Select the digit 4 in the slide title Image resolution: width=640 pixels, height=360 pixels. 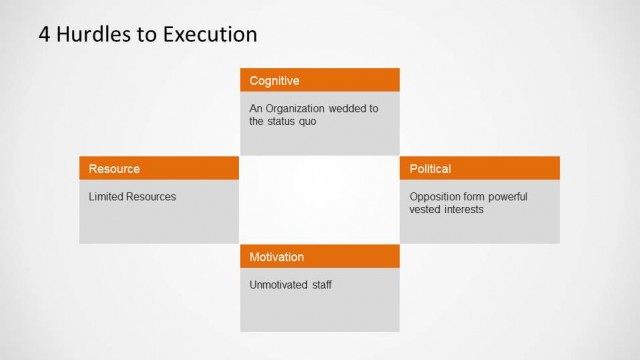(44, 34)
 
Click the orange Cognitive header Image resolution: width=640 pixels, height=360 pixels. (319, 80)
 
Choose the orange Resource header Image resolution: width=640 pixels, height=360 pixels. (159, 168)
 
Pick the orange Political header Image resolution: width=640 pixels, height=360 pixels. (479, 168)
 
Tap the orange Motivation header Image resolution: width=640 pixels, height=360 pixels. (319, 256)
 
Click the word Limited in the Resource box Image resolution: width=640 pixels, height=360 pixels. (105, 196)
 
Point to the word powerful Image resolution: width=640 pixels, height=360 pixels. (507, 196)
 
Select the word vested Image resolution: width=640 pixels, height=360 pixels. (425, 209)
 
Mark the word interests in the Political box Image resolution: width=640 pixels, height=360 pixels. (464, 209)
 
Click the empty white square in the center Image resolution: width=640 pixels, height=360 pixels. (319, 200)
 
